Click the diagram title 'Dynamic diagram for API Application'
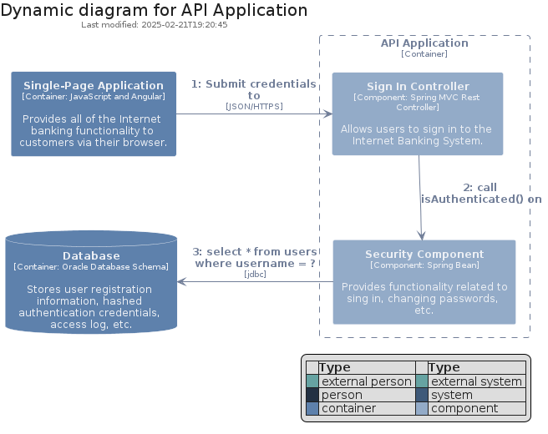pos(154,11)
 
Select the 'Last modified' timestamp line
pos(154,25)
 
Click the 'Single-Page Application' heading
pos(94,85)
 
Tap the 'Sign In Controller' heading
pos(418,86)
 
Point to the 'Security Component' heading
pos(424,255)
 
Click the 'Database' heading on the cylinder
pos(91,256)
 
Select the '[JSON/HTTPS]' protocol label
pos(254,106)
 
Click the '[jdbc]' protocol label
pos(255,274)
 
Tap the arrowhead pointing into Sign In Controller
pos(327,114)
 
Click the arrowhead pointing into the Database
pos(182,282)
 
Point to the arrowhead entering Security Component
pos(422,235)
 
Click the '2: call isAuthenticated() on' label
pos(481,193)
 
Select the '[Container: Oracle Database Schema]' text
pos(91,267)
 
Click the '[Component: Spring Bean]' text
pos(424,265)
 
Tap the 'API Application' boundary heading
pos(424,43)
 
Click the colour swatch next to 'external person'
pos(312,381)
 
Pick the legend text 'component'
pos(464,408)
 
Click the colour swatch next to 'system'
pos(422,395)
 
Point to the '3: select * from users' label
pos(255,252)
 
